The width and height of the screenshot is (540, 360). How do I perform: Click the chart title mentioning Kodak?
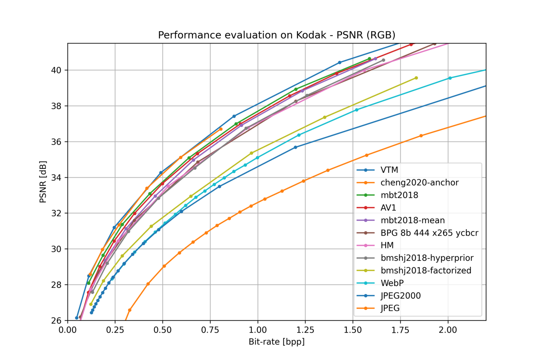276,35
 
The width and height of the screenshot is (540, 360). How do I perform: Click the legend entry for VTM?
389,170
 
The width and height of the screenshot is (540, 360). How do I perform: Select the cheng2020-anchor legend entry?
419,182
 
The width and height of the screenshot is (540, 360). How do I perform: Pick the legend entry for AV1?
388,208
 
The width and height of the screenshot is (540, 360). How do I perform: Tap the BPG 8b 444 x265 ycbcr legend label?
429,233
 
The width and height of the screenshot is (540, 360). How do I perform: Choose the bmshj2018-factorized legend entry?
426,270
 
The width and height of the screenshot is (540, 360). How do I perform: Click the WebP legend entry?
392,283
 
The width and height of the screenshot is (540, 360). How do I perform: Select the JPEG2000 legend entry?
400,296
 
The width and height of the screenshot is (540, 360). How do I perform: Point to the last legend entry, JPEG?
390,308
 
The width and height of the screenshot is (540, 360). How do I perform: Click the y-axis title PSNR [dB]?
43,182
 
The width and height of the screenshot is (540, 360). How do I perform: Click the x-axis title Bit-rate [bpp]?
276,342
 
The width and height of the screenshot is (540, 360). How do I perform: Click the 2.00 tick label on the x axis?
448,330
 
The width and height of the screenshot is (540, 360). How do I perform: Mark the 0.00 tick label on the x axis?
68,330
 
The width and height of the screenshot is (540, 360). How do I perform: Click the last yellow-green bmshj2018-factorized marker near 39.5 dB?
416,78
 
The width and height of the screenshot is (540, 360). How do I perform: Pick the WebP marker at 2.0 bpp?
450,78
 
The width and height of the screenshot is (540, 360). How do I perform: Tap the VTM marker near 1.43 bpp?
340,62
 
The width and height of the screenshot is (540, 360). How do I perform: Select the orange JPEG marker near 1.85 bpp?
421,136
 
